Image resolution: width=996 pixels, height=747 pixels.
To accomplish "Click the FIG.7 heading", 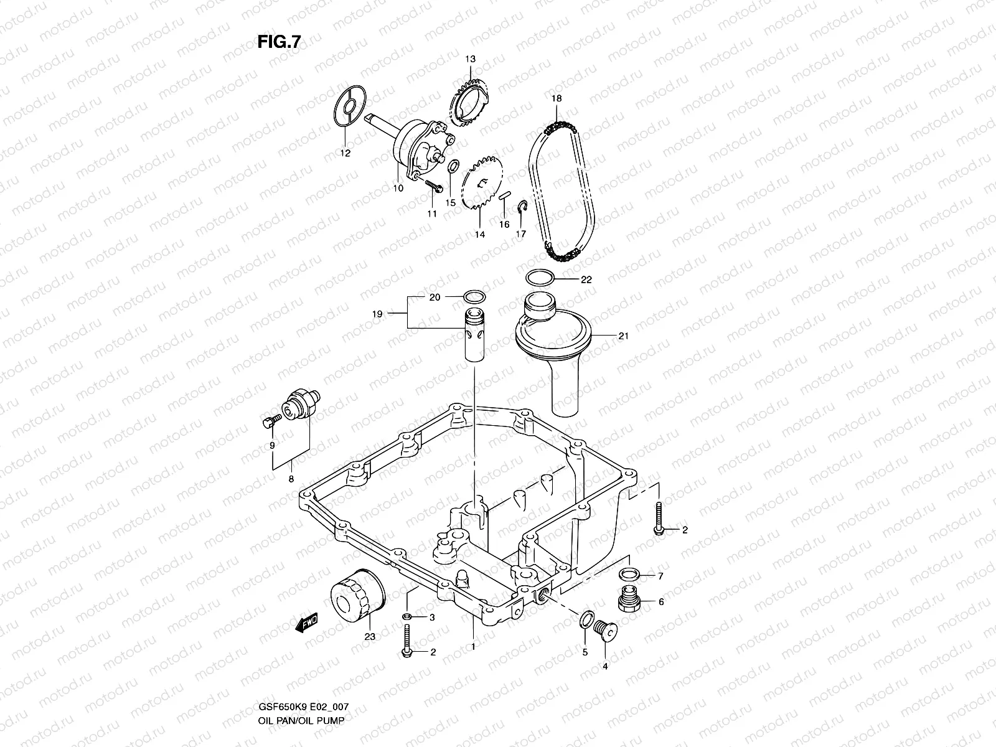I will pos(280,42).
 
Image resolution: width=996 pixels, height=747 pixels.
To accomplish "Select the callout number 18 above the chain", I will pos(557,98).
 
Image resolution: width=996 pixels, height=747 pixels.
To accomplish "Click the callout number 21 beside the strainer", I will pos(623,337).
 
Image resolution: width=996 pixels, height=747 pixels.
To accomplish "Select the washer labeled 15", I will pos(454,166).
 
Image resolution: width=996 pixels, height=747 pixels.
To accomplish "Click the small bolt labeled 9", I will pos(268,423).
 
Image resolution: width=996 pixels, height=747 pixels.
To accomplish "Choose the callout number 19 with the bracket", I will pos(377,314).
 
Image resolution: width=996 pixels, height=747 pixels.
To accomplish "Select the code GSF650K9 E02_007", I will pos(305,707).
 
